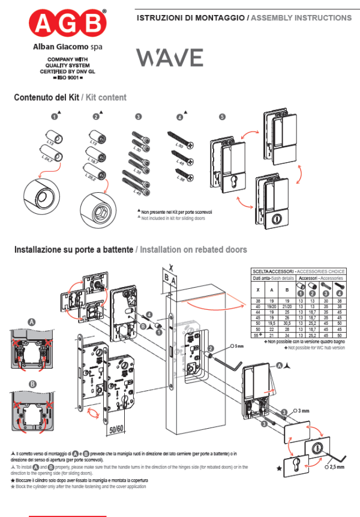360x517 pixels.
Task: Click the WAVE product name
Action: point(169,58)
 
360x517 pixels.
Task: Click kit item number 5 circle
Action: point(223,117)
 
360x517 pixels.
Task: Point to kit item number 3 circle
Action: point(139,117)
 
